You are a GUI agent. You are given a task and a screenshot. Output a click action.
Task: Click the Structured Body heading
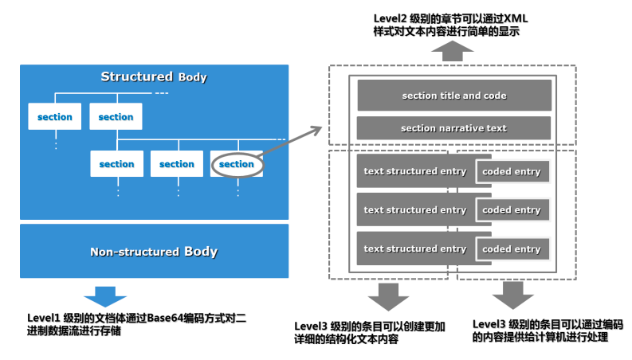(153, 77)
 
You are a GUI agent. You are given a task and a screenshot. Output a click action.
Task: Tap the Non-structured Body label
(153, 252)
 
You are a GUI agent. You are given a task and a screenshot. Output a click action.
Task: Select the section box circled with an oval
(236, 164)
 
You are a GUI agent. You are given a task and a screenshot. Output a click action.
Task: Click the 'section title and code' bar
(453, 96)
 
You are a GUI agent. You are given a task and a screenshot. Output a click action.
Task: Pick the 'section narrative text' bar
(453, 128)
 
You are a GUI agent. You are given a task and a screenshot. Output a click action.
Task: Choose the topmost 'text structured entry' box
(414, 171)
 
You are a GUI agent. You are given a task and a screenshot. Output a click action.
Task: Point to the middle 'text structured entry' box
(414, 210)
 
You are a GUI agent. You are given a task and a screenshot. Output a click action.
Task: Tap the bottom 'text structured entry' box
(414, 248)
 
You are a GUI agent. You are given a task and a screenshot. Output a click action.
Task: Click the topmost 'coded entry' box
(512, 172)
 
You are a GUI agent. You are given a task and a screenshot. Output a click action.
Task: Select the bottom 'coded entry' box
(512, 249)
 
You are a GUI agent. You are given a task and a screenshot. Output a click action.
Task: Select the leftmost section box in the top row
(55, 117)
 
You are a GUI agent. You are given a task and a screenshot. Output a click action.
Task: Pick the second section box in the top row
(116, 117)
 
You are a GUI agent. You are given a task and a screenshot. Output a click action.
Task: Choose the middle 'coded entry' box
(512, 210)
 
